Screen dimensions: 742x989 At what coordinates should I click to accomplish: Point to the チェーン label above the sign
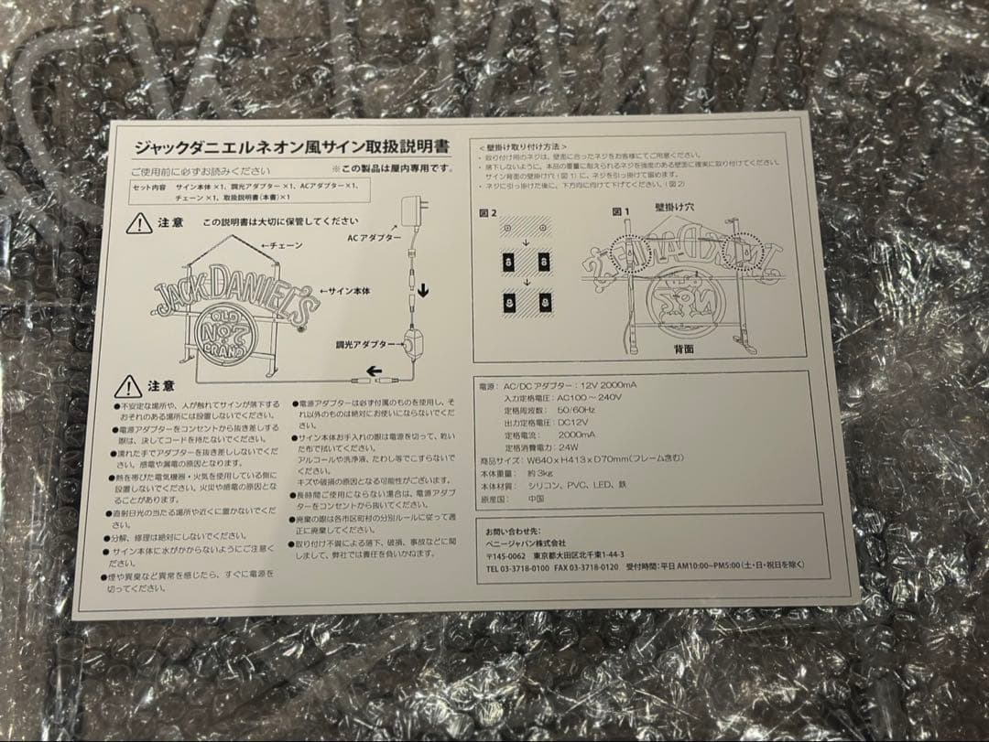(x=281, y=246)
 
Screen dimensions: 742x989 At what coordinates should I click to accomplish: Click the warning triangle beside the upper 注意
(x=139, y=222)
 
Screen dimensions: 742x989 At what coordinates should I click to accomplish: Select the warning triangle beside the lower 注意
(x=128, y=387)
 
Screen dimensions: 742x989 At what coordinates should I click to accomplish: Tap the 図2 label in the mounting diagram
(x=487, y=212)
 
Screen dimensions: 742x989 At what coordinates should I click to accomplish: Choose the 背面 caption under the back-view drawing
(x=684, y=349)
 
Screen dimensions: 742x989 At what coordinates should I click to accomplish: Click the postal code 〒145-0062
(x=505, y=554)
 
